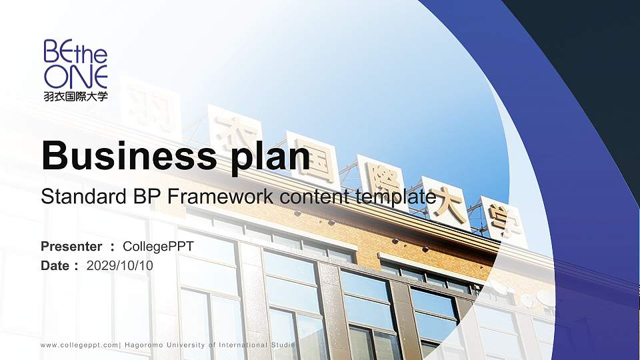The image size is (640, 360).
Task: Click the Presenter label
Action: (71, 247)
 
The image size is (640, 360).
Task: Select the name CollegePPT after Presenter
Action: (159, 247)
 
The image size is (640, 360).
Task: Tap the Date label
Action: (55, 265)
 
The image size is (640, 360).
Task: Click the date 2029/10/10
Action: (120, 265)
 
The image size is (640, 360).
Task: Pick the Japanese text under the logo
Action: (75, 96)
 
